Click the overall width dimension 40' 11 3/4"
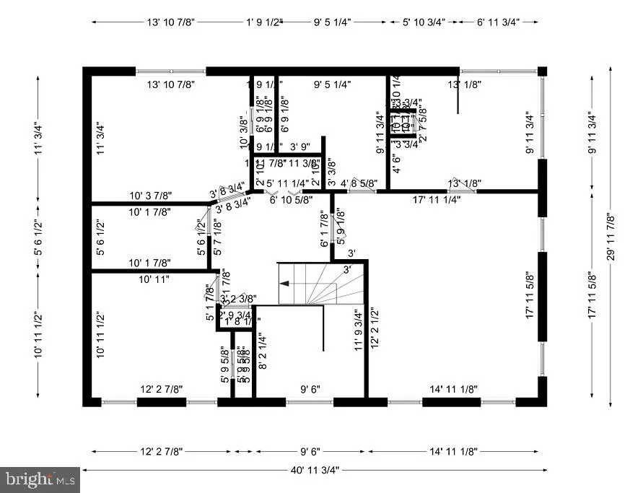[311, 469]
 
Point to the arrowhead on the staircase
[284, 284]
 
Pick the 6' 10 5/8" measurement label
[291, 200]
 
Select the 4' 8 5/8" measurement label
[359, 183]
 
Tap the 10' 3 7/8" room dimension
[150, 196]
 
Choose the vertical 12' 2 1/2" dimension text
[374, 330]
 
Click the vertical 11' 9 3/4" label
[357, 330]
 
